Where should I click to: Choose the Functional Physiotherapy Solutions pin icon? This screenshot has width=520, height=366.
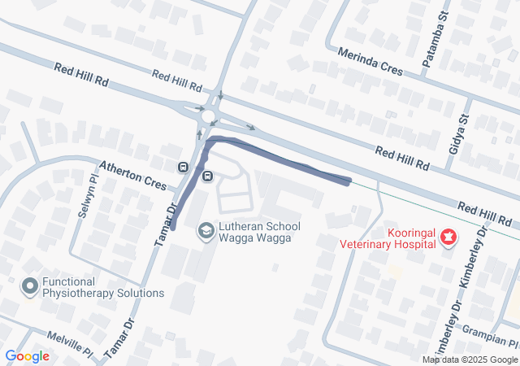(31, 286)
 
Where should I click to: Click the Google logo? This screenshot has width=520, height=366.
(27, 355)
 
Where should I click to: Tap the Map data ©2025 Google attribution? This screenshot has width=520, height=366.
(470, 359)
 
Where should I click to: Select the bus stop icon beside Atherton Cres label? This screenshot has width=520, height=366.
(183, 167)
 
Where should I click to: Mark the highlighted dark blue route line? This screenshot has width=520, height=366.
(276, 157)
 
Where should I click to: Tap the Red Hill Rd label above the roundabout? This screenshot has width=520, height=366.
(176, 81)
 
